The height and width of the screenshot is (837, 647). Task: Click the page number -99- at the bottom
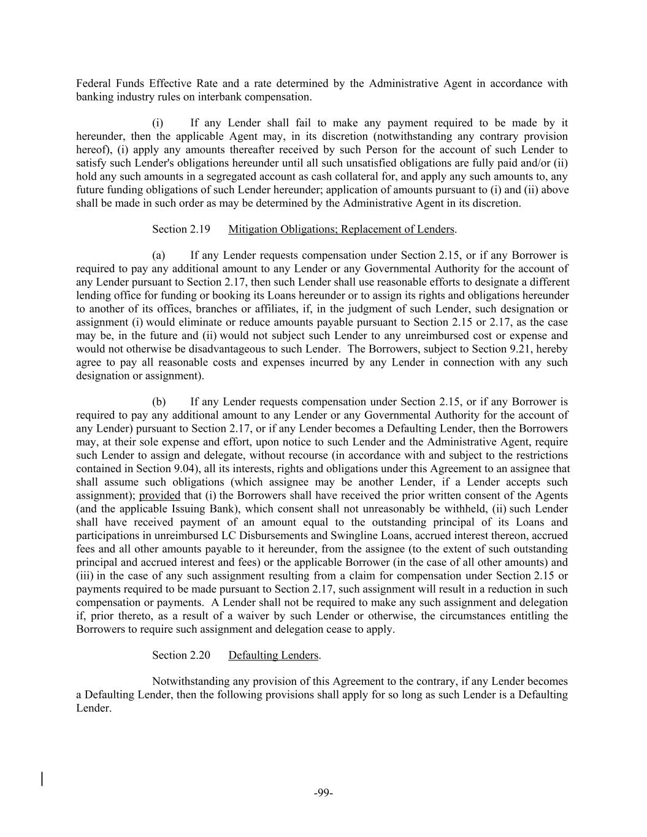pos(323,793)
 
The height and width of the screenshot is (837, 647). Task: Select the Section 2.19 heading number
pos(181,229)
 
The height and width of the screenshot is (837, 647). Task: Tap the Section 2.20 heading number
pos(181,655)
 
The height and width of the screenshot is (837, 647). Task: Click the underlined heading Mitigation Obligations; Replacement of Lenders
pos(341,229)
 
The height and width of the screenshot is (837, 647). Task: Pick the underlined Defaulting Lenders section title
pos(274,655)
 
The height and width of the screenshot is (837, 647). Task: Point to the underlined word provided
pos(159,495)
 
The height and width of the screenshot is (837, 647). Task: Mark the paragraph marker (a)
pos(159,255)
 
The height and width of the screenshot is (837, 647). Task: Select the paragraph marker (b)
pos(159,402)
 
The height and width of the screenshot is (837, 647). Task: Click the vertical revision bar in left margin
pos(42,779)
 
